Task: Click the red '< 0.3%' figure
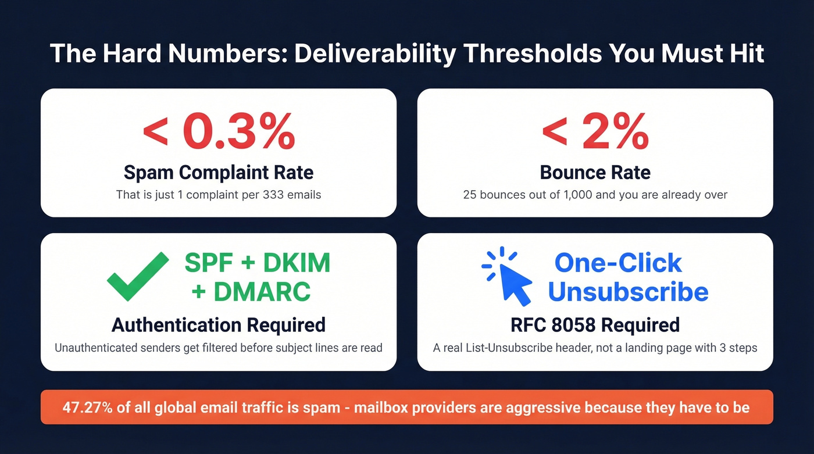[219, 133]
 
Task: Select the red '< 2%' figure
[595, 133]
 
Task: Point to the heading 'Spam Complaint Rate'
[219, 173]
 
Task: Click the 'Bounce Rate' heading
[595, 173]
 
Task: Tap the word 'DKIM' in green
[297, 263]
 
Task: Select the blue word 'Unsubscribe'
[628, 291]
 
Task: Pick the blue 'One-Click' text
[618, 263]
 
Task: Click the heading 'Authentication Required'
[219, 324]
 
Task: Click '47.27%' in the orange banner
[87, 407]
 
